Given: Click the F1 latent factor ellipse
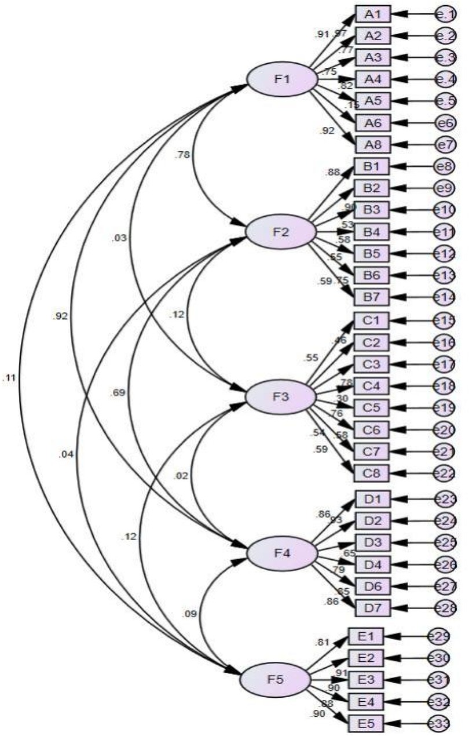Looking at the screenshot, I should [282, 79].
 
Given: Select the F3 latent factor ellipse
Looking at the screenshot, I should [281, 397].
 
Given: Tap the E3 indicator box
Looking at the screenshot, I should [365, 680].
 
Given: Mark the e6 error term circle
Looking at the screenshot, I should [447, 122].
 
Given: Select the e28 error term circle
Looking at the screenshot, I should [447, 608].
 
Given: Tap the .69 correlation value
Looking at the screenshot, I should [118, 393].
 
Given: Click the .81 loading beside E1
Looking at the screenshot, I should [322, 643].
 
